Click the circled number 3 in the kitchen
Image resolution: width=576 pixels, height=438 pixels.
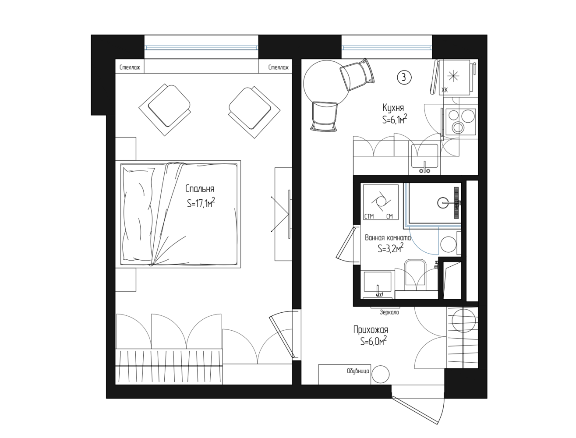click(404, 78)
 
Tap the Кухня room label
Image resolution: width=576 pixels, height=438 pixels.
click(393, 108)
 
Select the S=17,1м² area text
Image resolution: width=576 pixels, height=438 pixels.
click(201, 203)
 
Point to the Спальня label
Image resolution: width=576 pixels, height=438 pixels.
click(200, 189)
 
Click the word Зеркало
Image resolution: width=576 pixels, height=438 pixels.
click(389, 312)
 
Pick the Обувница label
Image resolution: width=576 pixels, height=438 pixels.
click(358, 371)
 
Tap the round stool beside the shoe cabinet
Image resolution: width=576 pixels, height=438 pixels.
click(381, 374)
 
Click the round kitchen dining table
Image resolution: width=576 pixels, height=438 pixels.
click(326, 83)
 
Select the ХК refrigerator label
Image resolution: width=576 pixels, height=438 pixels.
click(445, 90)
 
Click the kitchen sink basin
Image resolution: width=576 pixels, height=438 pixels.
click(424, 156)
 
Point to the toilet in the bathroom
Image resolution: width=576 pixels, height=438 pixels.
click(415, 273)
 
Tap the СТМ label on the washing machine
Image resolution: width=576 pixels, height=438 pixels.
click(369, 216)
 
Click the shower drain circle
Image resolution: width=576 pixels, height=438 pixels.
click(443, 203)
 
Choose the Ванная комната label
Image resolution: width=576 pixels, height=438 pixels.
click(388, 238)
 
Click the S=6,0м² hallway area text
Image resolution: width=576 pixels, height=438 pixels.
click(374, 341)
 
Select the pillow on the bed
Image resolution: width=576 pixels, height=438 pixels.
click(138, 215)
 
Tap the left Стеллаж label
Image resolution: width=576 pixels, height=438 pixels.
click(130, 67)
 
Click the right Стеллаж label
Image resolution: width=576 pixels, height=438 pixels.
click(279, 67)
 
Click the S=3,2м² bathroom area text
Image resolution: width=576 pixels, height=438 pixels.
click(391, 248)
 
